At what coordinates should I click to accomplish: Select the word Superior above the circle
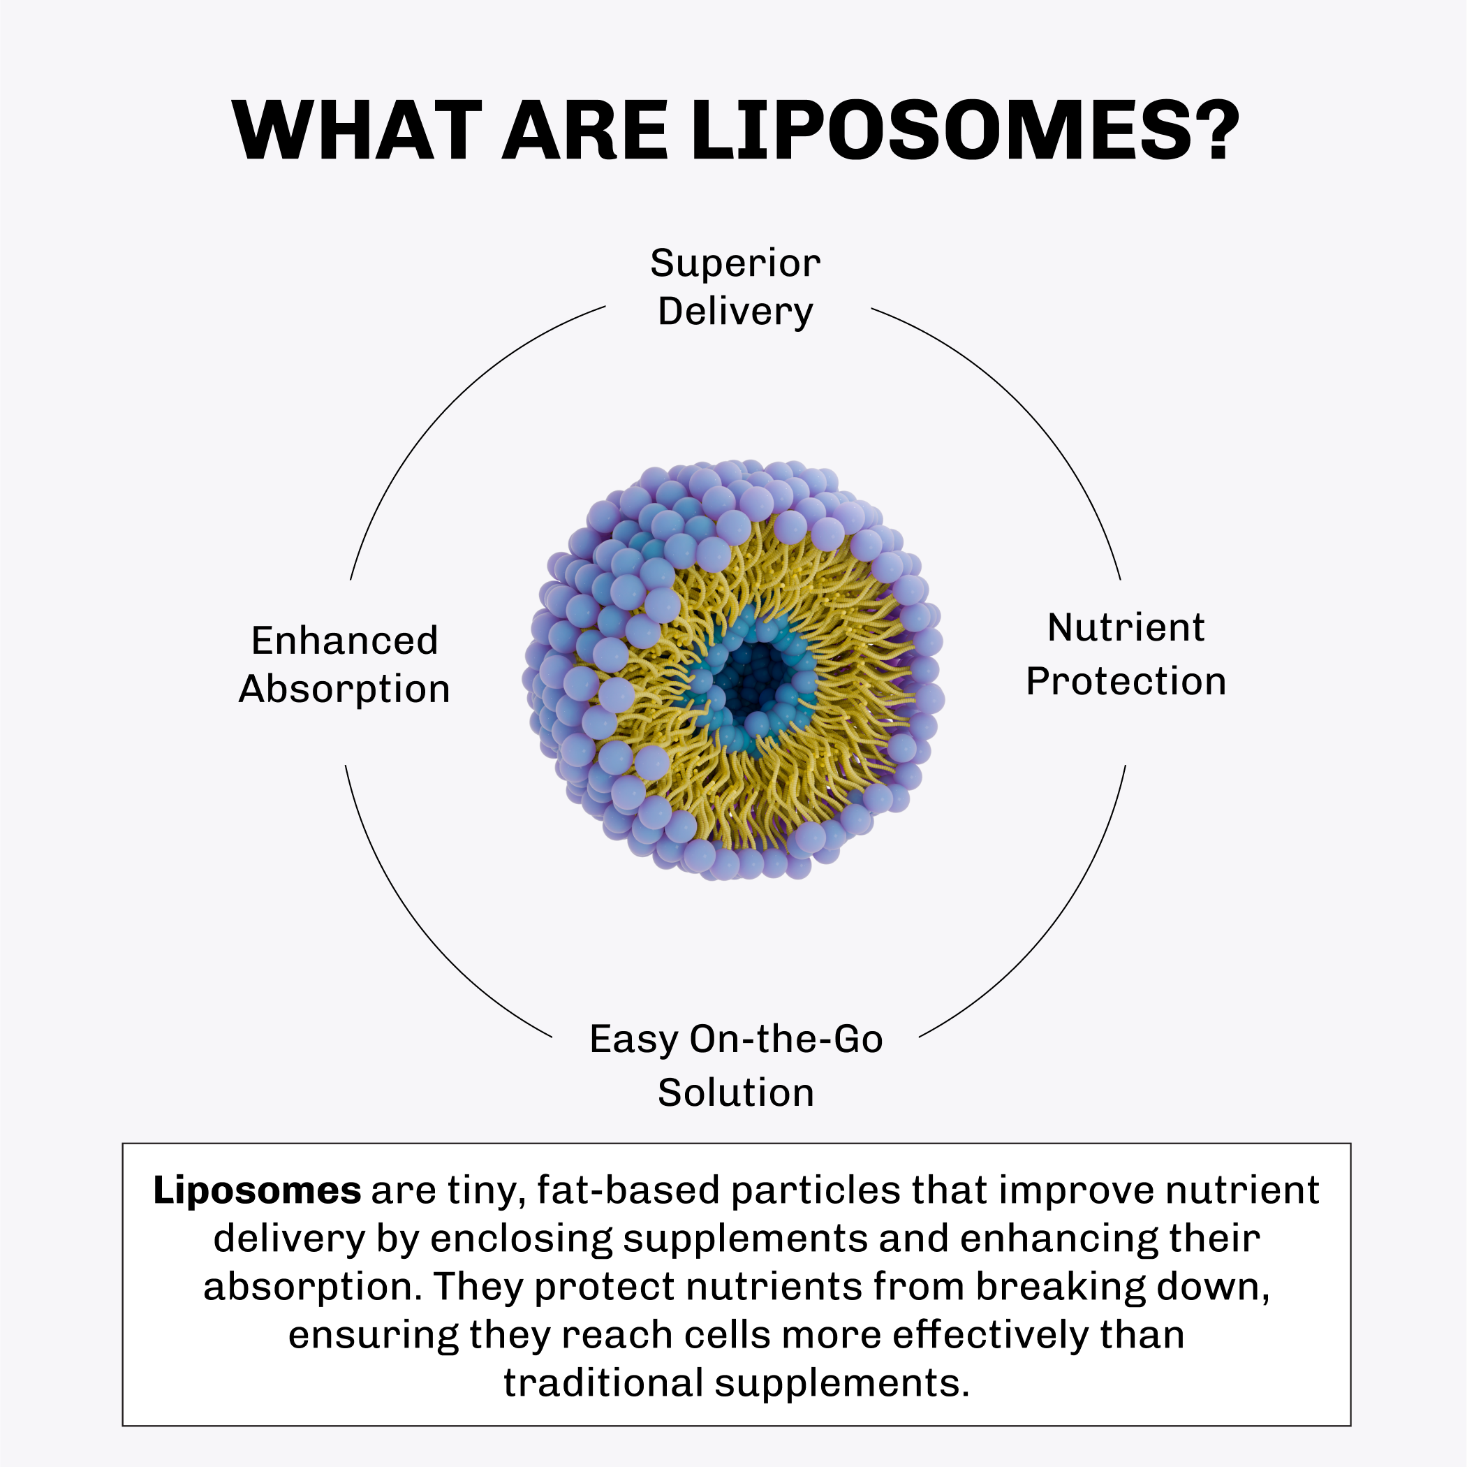[x=735, y=263]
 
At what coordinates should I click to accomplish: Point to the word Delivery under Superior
[x=735, y=312]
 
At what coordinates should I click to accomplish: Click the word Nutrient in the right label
[x=1126, y=627]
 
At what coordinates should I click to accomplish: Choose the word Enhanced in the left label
[x=345, y=641]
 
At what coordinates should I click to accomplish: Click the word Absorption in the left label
[x=345, y=689]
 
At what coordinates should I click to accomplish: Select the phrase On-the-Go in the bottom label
[x=786, y=1039]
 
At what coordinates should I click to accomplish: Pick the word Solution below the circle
[x=735, y=1093]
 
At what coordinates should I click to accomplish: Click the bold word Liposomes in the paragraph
[x=257, y=1190]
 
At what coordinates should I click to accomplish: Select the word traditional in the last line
[x=604, y=1382]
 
